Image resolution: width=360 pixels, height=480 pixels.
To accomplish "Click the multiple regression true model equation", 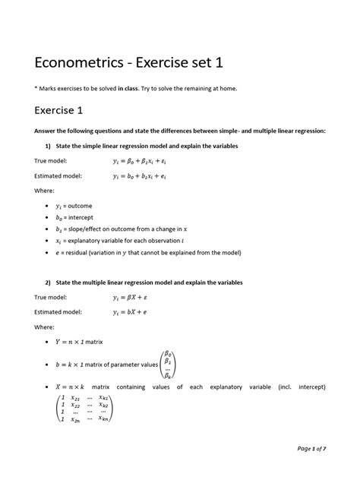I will click(x=131, y=297).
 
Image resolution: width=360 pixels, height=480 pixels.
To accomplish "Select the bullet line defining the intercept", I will click(x=78, y=216).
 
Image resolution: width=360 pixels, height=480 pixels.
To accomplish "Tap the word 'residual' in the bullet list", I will click(x=84, y=252).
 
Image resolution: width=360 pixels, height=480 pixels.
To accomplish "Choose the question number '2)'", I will click(x=47, y=282).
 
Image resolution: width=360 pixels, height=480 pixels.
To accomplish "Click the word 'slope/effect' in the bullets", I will click(x=86, y=229).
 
